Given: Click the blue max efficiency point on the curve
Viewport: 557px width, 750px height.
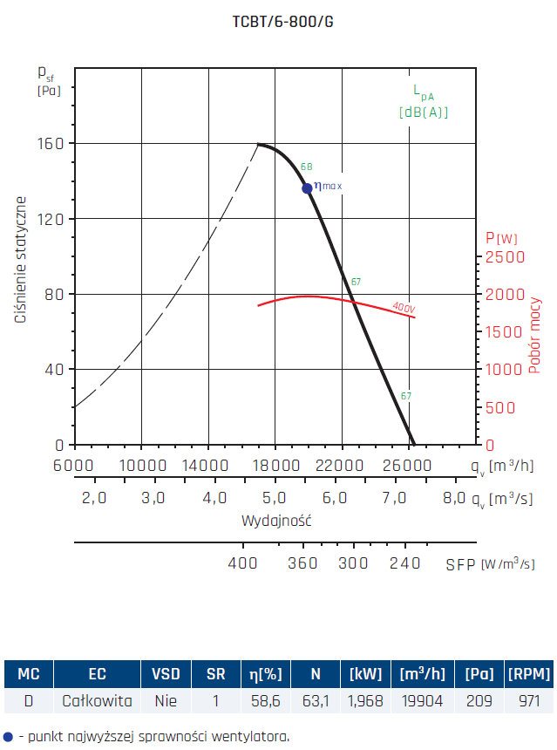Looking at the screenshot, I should [x=307, y=188].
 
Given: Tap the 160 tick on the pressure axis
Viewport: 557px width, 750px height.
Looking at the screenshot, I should [x=52, y=143].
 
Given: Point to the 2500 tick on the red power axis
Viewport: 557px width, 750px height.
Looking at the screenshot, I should [x=505, y=257].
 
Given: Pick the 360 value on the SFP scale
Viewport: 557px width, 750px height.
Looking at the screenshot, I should [x=302, y=563].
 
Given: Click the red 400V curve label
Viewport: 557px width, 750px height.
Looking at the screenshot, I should [x=403, y=307].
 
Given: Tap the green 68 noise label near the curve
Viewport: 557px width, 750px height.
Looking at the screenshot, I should [x=306, y=166].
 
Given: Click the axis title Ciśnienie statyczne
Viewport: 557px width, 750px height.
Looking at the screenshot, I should [x=20, y=259].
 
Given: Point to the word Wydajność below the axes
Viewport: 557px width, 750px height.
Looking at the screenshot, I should [x=276, y=521].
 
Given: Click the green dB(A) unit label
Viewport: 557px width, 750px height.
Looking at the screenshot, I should [x=425, y=112].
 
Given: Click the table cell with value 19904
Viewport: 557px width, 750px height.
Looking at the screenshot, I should [x=423, y=700].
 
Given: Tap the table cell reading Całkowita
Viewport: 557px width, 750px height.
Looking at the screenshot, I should [x=97, y=700].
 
